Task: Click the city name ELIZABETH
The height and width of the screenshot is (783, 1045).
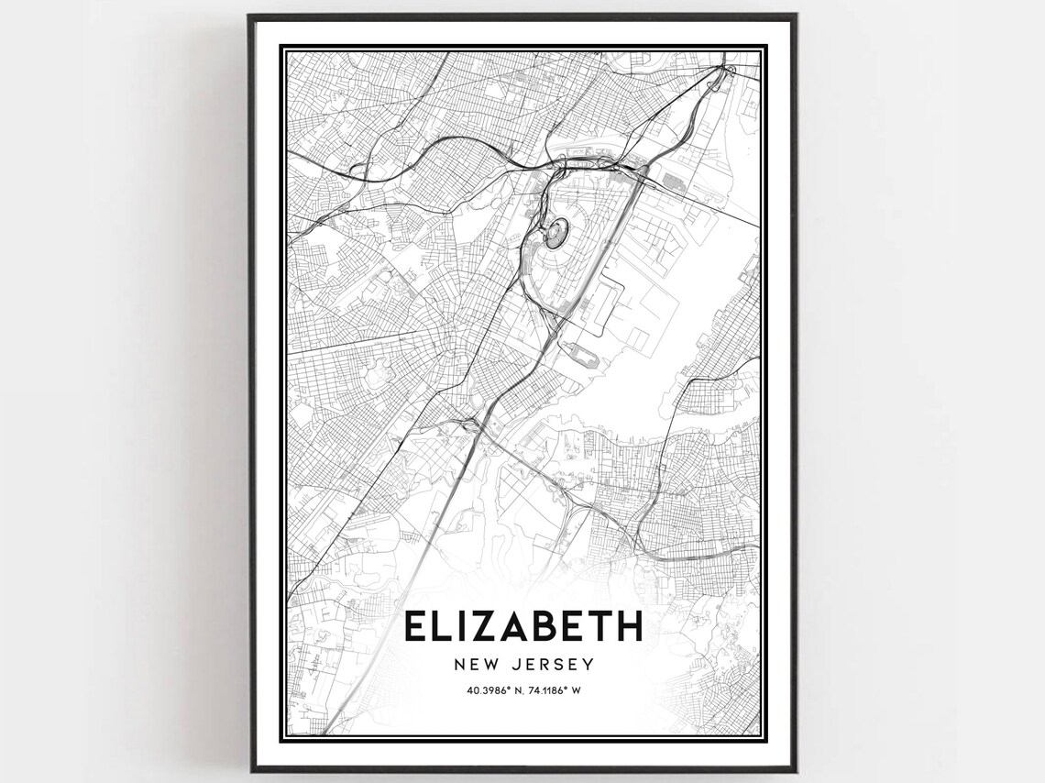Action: (x=522, y=627)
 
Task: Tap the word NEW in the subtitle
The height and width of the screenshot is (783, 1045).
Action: (x=473, y=663)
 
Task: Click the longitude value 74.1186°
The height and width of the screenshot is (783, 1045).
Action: (x=547, y=689)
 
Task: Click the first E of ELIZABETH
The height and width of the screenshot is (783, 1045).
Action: (x=413, y=627)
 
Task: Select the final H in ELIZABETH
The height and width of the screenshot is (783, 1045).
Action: (x=629, y=627)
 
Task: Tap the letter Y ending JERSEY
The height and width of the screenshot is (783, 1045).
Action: (x=589, y=663)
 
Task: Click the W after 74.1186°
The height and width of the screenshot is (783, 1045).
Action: (x=577, y=689)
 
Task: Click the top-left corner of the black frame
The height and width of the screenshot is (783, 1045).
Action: (x=250, y=16)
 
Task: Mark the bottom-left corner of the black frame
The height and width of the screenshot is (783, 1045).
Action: (x=250, y=769)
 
